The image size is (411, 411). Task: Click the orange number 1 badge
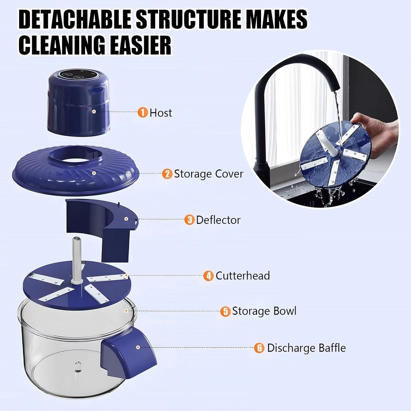pyautogui.click(x=142, y=112)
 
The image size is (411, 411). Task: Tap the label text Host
pyautogui.click(x=161, y=113)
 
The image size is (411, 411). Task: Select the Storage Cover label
pyautogui.click(x=208, y=174)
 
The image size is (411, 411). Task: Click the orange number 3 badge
pyautogui.click(x=189, y=220)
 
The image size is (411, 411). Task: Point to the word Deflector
pyautogui.click(x=218, y=220)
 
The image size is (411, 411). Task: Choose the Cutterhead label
pyautogui.click(x=242, y=276)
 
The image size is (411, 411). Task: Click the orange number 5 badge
pyautogui.click(x=225, y=311)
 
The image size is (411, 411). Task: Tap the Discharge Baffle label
pyautogui.click(x=306, y=348)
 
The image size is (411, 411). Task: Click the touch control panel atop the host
pyautogui.click(x=73, y=75)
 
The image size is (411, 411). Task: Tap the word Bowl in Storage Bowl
pyautogui.click(x=284, y=311)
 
